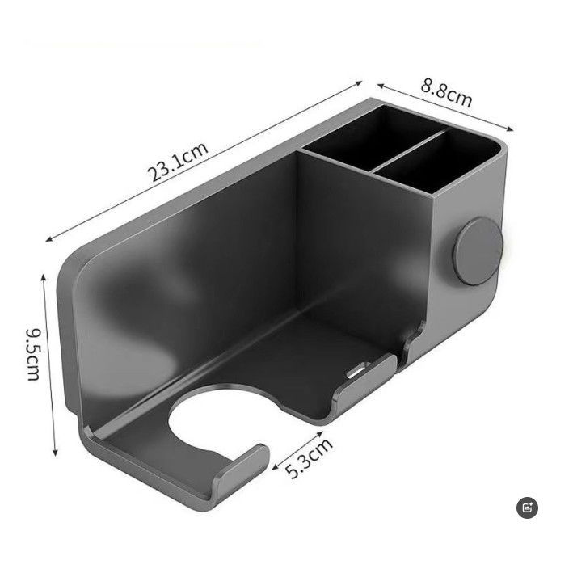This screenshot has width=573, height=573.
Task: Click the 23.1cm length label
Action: [x=178, y=161]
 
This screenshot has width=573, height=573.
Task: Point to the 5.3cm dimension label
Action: [x=310, y=458]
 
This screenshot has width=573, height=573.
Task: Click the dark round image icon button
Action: [x=528, y=508]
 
